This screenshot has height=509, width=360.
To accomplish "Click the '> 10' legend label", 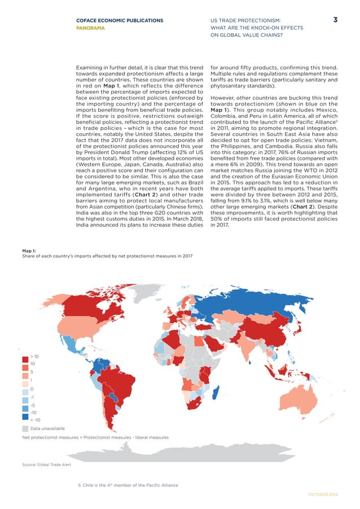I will click(34, 357).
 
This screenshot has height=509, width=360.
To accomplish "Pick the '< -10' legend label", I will click(36, 420).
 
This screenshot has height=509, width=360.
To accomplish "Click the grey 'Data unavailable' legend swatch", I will click(25, 428).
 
